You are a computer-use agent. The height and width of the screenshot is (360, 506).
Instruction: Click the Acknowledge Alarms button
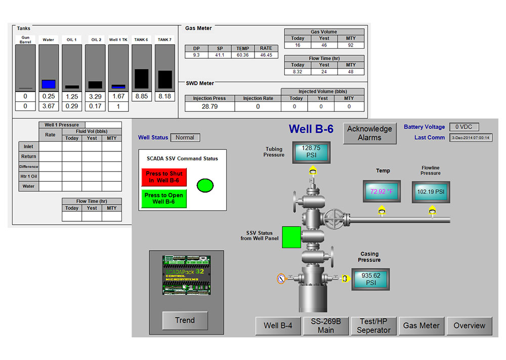pyautogui.click(x=369, y=133)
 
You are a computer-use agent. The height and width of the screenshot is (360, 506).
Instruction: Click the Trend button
pyautogui.click(x=185, y=320)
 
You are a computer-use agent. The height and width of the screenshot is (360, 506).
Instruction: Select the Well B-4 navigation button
pyautogui.click(x=278, y=326)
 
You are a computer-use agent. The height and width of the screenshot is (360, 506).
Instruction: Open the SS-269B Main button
pyautogui.click(x=326, y=326)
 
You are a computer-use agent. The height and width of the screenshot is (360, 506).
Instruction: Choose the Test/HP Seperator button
pyautogui.click(x=373, y=326)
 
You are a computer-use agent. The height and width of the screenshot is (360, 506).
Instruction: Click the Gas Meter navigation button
pyautogui.click(x=421, y=326)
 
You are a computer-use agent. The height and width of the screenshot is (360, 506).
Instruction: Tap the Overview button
pyautogui.click(x=469, y=326)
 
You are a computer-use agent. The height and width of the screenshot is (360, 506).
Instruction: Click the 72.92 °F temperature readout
pyautogui.click(x=382, y=192)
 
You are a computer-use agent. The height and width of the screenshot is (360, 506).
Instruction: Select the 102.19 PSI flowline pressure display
pyautogui.click(x=431, y=192)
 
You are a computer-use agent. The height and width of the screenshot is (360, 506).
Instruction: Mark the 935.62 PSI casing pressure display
pyautogui.click(x=371, y=279)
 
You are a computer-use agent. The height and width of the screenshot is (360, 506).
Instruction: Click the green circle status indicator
pyautogui.click(x=205, y=185)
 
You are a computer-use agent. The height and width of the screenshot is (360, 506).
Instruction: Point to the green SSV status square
pyautogui.click(x=291, y=237)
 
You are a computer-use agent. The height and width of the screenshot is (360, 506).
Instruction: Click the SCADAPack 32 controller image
pyautogui.click(x=186, y=275)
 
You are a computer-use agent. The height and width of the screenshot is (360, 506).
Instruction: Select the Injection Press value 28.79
pyautogui.click(x=209, y=107)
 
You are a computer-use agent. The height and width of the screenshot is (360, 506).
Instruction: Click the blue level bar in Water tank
pyautogui.click(x=49, y=84)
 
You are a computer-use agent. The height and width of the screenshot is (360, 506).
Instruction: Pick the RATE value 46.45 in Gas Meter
pyautogui.click(x=266, y=55)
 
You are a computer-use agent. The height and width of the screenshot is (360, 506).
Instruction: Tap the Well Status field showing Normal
pyautogui.click(x=185, y=137)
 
